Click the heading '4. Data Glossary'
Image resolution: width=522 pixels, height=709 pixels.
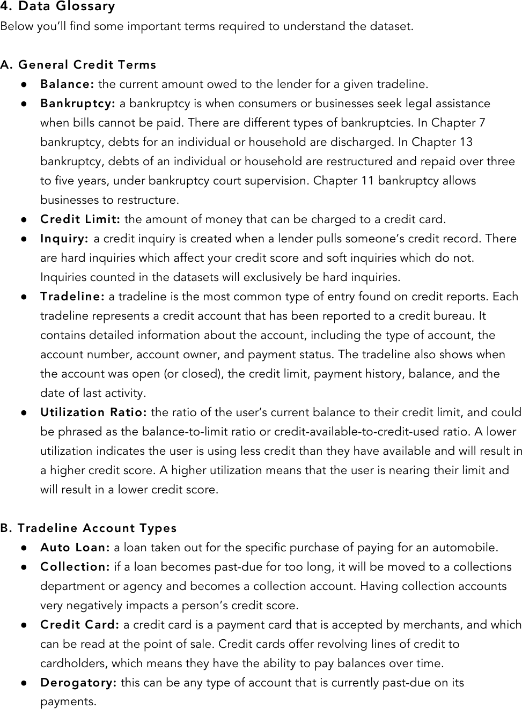(58, 7)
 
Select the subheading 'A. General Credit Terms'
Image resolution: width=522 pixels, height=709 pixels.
(78, 65)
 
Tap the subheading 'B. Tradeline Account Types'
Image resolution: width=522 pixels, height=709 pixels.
(89, 528)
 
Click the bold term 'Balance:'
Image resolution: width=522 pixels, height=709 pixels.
(68, 84)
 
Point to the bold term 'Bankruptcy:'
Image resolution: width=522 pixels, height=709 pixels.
(78, 104)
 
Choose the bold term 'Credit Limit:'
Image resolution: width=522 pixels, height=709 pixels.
(80, 219)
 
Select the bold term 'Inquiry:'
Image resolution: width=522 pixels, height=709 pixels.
(64, 239)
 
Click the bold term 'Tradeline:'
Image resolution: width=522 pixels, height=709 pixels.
(72, 297)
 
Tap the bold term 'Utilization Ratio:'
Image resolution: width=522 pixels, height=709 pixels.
(94, 412)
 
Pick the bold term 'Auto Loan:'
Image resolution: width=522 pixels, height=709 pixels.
(75, 548)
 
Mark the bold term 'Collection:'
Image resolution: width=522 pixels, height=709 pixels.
(75, 567)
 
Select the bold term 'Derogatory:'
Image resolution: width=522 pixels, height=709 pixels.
(78, 683)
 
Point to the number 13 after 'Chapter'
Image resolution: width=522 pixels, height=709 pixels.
(466, 142)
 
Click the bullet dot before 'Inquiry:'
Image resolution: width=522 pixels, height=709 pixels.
(25, 239)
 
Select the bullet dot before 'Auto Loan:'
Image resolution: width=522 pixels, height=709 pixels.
(25, 548)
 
